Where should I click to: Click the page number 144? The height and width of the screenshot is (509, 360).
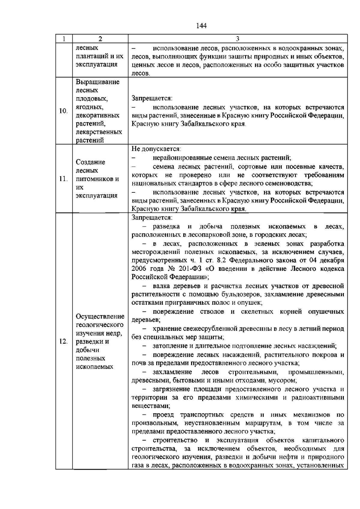[201, 26]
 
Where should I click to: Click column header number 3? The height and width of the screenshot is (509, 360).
[237, 39]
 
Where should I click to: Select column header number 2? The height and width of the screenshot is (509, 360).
[100, 39]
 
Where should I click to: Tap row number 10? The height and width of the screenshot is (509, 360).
[63, 111]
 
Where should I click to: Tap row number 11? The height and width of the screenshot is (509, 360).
[63, 179]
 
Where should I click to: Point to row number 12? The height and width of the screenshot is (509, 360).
[63, 342]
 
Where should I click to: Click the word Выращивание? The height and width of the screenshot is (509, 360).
[97, 82]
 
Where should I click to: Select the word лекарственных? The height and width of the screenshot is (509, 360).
[99, 132]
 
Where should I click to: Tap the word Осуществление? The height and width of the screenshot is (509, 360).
[100, 317]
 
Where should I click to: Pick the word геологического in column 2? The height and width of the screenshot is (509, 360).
[100, 325]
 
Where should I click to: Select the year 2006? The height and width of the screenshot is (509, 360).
[139, 269]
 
